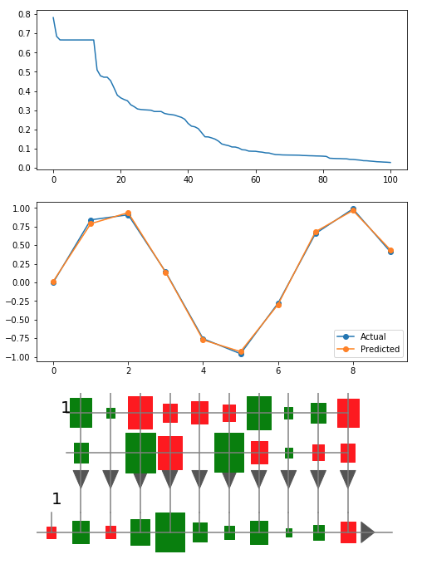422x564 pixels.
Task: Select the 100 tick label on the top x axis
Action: tap(390, 179)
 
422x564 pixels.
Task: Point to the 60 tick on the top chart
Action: tap(255, 179)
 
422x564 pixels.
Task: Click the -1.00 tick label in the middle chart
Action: tap(17, 357)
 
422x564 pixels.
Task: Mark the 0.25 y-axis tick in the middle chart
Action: tap(20, 264)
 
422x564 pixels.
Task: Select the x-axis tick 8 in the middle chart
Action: tap(353, 369)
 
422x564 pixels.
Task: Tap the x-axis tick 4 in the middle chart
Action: tap(203, 369)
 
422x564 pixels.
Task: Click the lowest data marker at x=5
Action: tap(241, 353)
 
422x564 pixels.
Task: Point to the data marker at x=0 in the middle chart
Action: tap(53, 282)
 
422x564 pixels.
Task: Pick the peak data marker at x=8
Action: tap(353, 209)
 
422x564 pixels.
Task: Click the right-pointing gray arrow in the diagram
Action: tap(367, 532)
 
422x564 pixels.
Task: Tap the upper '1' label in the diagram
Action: tap(66, 408)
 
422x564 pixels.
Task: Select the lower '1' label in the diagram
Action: tap(56, 499)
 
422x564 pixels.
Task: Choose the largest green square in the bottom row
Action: tap(170, 532)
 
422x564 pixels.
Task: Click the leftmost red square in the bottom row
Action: tap(52, 532)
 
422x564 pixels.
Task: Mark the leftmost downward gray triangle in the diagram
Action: tap(81, 478)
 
